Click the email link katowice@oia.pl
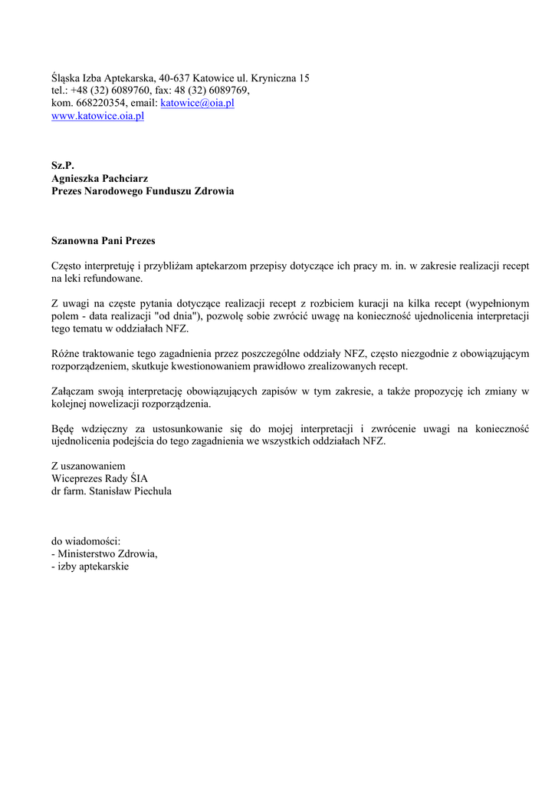(197, 103)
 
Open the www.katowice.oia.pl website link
(97, 116)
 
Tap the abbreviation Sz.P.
(63, 165)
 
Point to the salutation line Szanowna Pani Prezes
(103, 240)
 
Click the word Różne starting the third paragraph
(65, 354)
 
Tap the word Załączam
(73, 391)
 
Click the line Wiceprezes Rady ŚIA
(99, 478)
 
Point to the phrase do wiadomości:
(86, 541)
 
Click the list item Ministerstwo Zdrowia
(107, 553)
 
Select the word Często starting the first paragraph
(67, 266)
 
